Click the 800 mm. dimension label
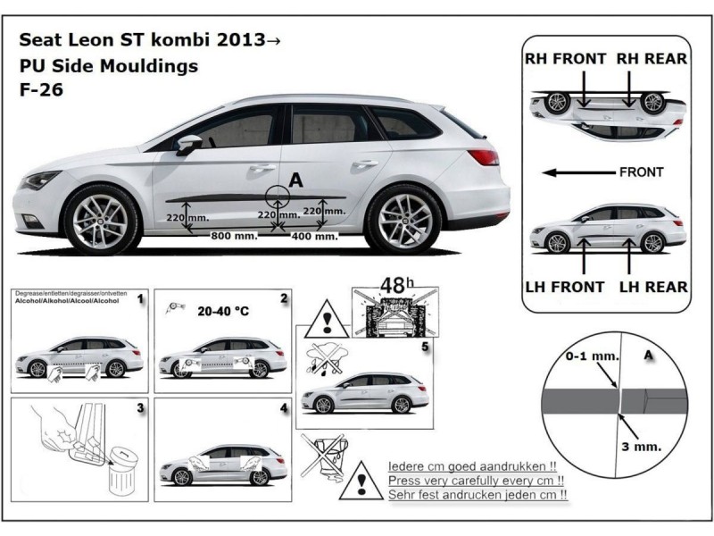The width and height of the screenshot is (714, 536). coord(233,236)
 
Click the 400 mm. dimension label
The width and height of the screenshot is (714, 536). coord(314,236)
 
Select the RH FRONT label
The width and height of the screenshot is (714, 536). coord(566,59)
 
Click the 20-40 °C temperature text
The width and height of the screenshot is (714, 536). coord(223,314)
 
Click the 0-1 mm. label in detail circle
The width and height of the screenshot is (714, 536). coord(592,356)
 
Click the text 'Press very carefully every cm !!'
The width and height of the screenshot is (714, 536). coord(479,480)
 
